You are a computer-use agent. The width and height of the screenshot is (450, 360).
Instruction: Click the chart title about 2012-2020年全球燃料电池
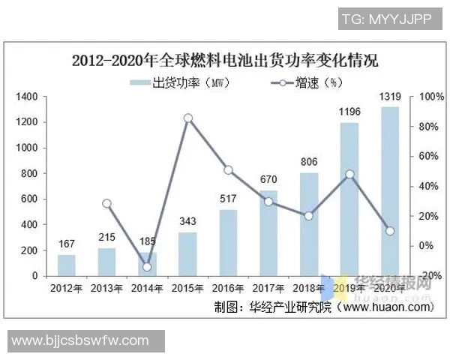pyautogui.click(x=225, y=61)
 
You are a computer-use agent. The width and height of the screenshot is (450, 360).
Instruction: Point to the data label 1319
pyautogui.click(x=390, y=96)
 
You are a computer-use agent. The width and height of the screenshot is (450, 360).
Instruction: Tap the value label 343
pyautogui.click(x=188, y=221)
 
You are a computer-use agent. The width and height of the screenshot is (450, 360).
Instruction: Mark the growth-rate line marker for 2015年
pyautogui.click(x=188, y=118)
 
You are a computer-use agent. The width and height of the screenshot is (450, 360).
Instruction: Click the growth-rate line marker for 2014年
pyautogui.click(x=148, y=266)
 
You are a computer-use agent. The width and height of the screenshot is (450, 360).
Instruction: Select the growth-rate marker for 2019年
pyautogui.click(x=349, y=174)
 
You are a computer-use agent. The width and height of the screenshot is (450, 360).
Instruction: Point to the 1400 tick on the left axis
pyautogui.click(x=27, y=97)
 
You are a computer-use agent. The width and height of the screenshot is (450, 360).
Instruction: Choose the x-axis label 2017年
pyautogui.click(x=269, y=288)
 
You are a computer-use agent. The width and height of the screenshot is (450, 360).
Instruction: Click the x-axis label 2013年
pyautogui.click(x=107, y=288)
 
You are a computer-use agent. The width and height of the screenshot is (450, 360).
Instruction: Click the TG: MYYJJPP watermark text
pyautogui.click(x=387, y=19)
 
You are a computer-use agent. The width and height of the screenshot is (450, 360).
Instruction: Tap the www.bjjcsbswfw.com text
pyautogui.click(x=81, y=341)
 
